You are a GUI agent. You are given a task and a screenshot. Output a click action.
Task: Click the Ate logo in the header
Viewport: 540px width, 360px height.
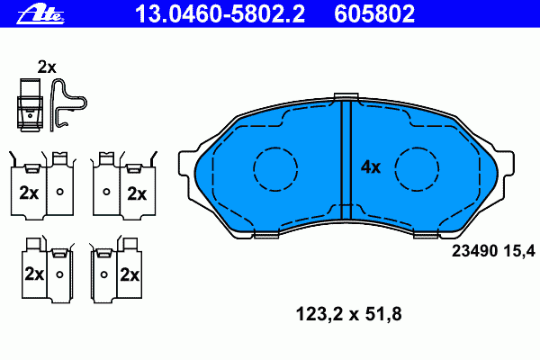pyautogui.click(x=40, y=14)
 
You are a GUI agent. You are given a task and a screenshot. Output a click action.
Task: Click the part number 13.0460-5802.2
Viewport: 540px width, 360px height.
pyautogui.click(x=220, y=14)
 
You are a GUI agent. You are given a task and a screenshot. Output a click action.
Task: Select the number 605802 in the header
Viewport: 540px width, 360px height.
pyautogui.click(x=374, y=14)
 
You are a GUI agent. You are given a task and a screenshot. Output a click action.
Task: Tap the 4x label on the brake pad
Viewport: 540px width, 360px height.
pyautogui.click(x=371, y=167)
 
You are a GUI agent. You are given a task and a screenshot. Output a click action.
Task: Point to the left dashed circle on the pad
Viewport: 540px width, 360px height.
pyautogui.click(x=254, y=169)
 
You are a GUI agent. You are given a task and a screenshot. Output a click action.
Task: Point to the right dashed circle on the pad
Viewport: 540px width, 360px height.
pyautogui.click(x=395, y=169)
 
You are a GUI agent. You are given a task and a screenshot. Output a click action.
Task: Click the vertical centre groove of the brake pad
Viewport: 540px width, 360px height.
pyautogui.click(x=346, y=160)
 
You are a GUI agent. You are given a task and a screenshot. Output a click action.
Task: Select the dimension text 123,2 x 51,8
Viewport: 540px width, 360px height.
pyautogui.click(x=348, y=314)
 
